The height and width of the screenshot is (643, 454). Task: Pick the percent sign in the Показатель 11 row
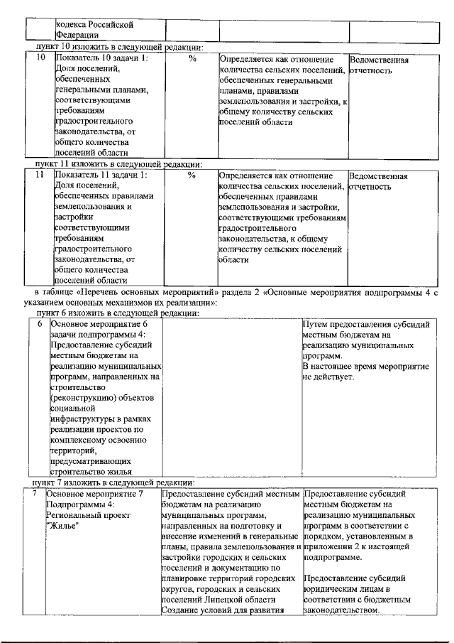[192, 175]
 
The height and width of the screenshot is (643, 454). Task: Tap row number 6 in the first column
[40, 324]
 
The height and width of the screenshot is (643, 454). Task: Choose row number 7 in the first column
[36, 493]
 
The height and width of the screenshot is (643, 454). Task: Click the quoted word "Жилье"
[62, 525]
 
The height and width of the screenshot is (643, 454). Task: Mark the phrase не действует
[327, 377]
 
